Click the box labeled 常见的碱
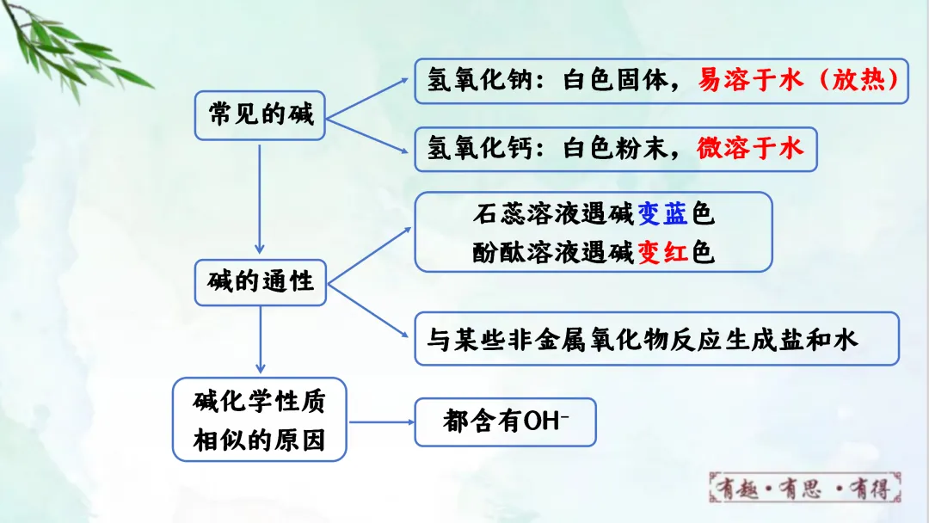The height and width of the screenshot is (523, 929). point(260,115)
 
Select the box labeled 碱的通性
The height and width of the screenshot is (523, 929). point(260,281)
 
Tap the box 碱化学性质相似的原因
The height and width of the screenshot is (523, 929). point(259,419)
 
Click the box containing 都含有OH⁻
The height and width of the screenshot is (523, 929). point(505,421)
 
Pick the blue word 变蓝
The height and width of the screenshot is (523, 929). point(662,213)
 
